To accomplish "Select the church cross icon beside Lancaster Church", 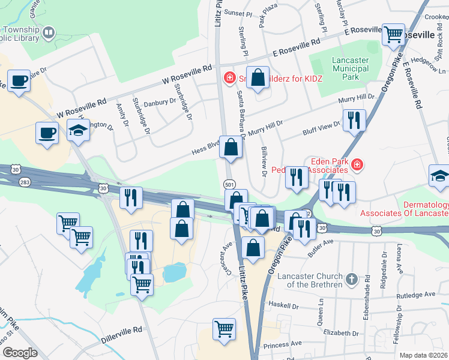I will [352, 279].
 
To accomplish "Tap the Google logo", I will [20, 352].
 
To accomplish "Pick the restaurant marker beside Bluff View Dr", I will [354, 121].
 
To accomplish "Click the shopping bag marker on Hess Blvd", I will [231, 147].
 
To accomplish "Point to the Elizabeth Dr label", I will [340, 333].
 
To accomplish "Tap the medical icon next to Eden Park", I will [357, 164].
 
